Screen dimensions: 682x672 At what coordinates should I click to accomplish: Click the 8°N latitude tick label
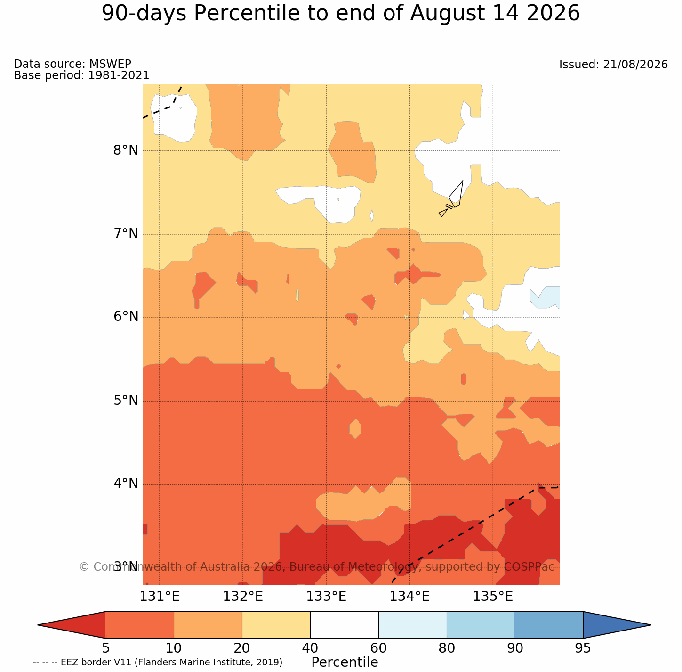[126, 150]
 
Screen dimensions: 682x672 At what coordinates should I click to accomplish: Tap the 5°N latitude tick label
[126, 400]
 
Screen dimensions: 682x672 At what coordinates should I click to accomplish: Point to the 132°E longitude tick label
[243, 596]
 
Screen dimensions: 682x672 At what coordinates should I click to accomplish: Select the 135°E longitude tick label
[493, 596]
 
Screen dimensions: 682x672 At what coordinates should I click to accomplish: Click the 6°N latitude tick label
[126, 317]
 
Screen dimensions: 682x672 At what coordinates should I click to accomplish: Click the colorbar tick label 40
[310, 648]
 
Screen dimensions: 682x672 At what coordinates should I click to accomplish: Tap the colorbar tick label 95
[583, 648]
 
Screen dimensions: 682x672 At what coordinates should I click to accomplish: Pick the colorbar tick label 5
[106, 648]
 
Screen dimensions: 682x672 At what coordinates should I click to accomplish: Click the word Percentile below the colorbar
[345, 662]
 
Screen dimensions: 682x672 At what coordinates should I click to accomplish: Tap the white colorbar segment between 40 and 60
[345, 625]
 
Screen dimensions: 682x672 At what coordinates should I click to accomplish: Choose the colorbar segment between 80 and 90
[481, 625]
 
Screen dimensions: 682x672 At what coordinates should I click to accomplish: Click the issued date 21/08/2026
[635, 65]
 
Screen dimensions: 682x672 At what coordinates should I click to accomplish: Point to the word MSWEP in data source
[110, 64]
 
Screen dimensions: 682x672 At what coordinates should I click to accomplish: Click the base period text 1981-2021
[119, 75]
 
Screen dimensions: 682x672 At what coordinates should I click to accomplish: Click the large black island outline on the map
[456, 194]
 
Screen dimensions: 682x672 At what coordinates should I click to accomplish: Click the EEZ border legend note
[158, 663]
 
